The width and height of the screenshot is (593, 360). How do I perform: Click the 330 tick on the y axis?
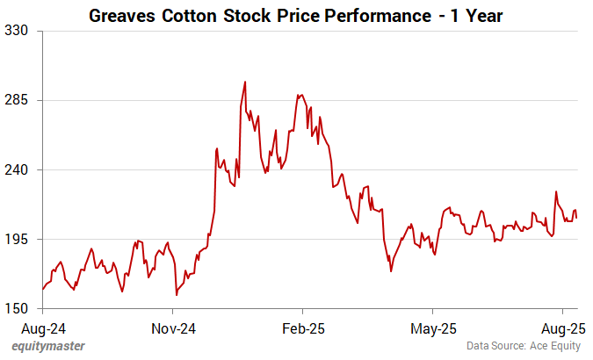coord(18,30)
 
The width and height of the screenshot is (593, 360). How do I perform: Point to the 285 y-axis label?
coord(18,99)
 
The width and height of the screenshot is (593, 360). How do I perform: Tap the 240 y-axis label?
coord(18,169)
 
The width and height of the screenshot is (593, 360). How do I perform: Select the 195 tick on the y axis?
coord(18,239)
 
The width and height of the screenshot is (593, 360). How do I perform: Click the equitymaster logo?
coord(48,346)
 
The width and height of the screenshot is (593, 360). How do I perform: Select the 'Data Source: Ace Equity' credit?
coord(524,346)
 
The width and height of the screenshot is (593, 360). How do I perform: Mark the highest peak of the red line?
coord(244,82)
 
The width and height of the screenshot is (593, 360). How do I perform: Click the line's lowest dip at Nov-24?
coord(177,294)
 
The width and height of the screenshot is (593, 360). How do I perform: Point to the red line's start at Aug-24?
coord(42,289)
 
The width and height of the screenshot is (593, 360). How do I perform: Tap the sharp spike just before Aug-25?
coord(556,191)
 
